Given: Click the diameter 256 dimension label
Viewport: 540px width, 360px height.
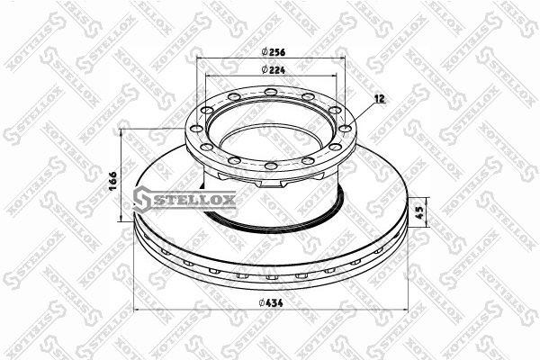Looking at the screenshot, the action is coord(273,52).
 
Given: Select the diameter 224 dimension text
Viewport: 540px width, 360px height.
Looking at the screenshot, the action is coord(273,69).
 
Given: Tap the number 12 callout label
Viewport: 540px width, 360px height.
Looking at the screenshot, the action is coord(380,98).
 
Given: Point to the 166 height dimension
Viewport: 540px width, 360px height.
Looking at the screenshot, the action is coord(113,180).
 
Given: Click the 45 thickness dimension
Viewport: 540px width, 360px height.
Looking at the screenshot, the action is coord(419,212).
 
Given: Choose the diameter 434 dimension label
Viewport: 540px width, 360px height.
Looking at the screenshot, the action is coord(271,302).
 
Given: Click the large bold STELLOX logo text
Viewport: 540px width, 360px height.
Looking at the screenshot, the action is coord(194,200).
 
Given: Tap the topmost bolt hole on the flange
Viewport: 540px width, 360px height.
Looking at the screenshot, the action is coord(271,92).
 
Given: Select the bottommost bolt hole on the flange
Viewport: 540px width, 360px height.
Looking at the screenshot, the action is coord(271,166).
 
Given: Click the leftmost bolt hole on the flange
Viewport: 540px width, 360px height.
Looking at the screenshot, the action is coord(196,129).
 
